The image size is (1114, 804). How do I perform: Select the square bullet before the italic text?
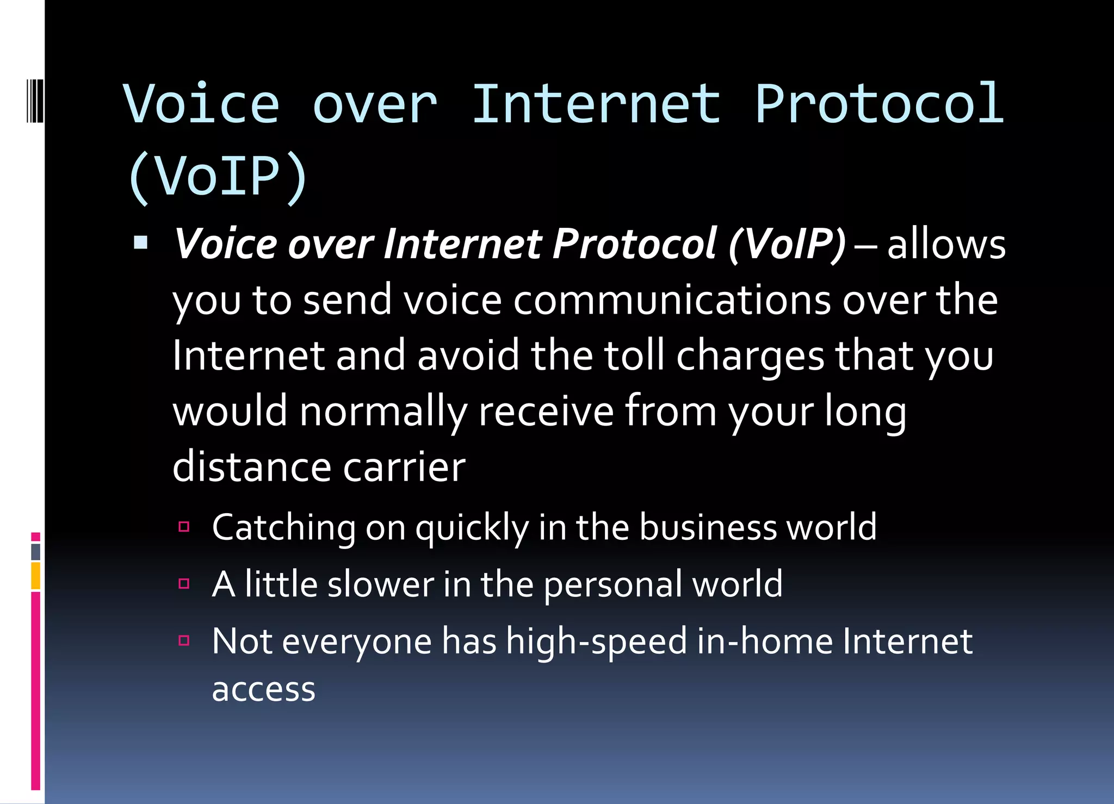(141, 242)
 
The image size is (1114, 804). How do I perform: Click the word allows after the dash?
(946, 245)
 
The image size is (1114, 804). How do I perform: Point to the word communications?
(672, 301)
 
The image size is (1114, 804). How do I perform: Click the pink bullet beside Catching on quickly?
(184, 526)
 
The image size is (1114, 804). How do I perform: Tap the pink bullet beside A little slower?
(184, 583)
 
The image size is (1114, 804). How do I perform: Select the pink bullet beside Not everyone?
(184, 640)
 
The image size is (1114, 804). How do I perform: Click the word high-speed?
(596, 642)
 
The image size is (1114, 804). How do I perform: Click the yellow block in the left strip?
(36, 576)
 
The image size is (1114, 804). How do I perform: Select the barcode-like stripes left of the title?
(35, 101)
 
